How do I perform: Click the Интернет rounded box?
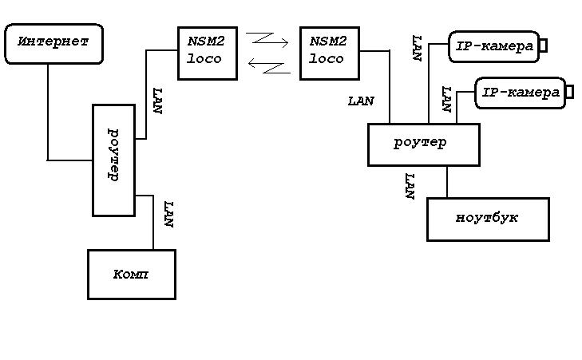click(53, 44)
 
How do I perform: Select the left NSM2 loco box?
click(207, 53)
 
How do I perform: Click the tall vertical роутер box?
click(113, 160)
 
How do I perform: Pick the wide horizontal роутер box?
click(422, 144)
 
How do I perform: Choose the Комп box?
click(131, 274)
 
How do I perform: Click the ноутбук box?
click(488, 219)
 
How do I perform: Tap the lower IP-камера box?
click(520, 93)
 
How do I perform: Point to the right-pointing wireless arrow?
click(267, 38)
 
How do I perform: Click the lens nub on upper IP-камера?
click(543, 46)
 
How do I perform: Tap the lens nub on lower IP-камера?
click(569, 93)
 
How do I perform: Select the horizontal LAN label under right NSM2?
click(361, 101)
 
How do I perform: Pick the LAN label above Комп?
click(168, 215)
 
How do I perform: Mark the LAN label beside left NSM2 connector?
click(157, 101)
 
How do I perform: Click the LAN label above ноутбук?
click(410, 186)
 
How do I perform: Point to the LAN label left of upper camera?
click(416, 48)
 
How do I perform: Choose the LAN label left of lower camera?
click(446, 99)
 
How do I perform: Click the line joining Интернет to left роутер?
click(48, 120)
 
